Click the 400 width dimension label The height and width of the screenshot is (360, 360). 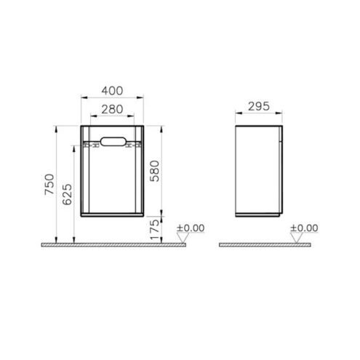(112, 91)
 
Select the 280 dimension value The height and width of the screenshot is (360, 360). (112, 109)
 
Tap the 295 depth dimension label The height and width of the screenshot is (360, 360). (259, 106)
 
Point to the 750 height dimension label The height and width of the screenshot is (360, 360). (49, 184)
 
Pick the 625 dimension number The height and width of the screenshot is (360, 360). (67, 194)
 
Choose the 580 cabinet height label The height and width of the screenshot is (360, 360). (155, 171)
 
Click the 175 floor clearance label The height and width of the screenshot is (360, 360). (155, 229)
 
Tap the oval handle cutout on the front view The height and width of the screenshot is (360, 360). (113, 142)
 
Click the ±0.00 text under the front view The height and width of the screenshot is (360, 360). (191, 228)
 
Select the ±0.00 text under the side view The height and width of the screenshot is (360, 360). (304, 228)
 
